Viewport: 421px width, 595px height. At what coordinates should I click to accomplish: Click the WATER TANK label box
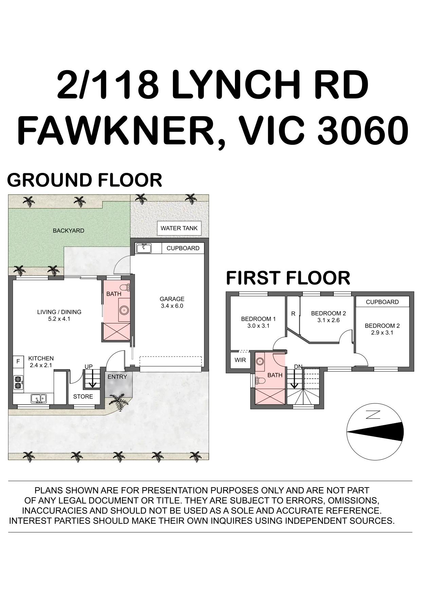point(179,228)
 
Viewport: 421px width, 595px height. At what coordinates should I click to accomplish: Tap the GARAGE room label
point(172,299)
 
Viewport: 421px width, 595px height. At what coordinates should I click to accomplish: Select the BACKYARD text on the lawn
point(69,231)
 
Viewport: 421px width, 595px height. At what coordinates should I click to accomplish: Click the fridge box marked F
point(18,361)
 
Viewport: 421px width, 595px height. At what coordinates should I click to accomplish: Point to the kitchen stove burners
point(18,382)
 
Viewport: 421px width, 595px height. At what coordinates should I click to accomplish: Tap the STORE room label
point(83,397)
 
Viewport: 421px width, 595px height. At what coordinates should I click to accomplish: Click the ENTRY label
point(117,377)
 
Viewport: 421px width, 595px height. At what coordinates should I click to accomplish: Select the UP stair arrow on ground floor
point(92,379)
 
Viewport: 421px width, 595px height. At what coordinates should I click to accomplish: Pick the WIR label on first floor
point(240,360)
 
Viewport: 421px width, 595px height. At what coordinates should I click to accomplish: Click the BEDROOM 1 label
point(258,319)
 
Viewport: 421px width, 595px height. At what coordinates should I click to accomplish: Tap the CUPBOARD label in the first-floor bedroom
point(382,302)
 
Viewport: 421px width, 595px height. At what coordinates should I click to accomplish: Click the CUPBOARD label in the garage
point(183,248)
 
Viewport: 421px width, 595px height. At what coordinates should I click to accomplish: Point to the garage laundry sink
point(144,248)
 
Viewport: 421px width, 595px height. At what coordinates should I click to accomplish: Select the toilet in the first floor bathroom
point(261,381)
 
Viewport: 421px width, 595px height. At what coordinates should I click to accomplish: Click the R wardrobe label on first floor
point(293,314)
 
